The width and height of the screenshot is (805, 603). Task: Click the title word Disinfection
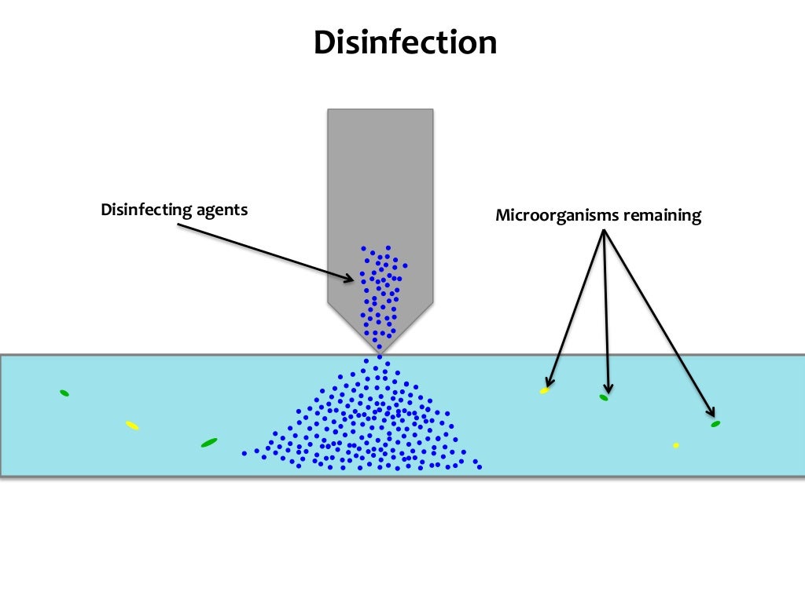(405, 42)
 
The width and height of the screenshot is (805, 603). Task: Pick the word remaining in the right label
(662, 215)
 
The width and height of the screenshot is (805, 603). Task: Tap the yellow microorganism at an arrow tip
(544, 390)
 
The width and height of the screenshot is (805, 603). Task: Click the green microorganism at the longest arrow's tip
(715, 424)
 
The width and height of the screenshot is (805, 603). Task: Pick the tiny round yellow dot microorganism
(676, 445)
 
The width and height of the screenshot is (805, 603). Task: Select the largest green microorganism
(209, 443)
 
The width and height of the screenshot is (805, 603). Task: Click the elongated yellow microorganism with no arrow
(132, 426)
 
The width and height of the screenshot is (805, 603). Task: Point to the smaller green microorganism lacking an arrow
(64, 393)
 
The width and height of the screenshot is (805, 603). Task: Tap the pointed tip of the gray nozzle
(380, 352)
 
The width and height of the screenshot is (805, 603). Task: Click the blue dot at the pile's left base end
(244, 453)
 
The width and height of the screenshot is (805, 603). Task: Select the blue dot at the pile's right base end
(480, 467)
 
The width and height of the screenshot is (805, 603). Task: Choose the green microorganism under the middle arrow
(604, 398)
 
